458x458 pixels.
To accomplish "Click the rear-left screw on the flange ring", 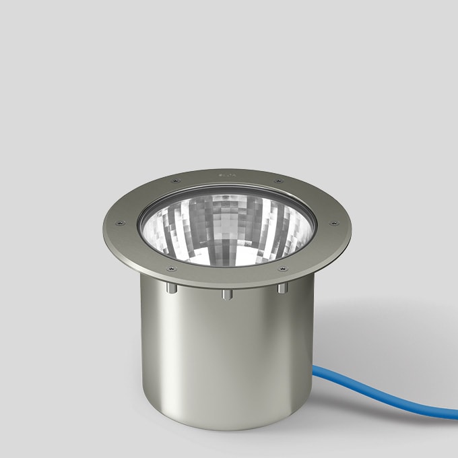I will (176, 181).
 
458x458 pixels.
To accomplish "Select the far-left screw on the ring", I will (121, 224).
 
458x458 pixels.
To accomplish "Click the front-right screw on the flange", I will (282, 269).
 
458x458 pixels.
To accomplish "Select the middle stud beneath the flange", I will (226, 295).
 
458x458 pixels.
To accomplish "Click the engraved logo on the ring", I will (226, 174).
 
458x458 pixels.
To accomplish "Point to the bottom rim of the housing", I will (226, 429).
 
